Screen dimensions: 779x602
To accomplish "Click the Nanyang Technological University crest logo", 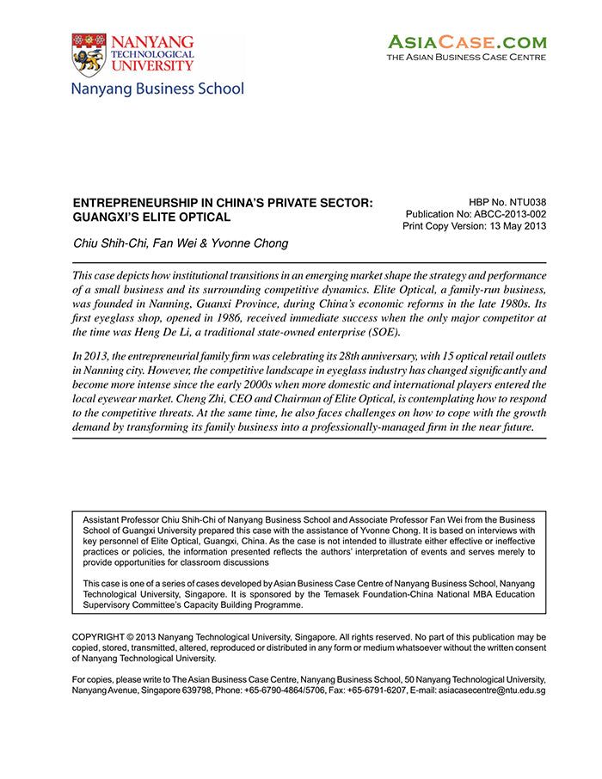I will point(89,53).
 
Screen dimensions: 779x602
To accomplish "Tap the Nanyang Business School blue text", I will point(157,89).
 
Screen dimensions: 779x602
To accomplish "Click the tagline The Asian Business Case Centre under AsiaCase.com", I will point(466,58).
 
